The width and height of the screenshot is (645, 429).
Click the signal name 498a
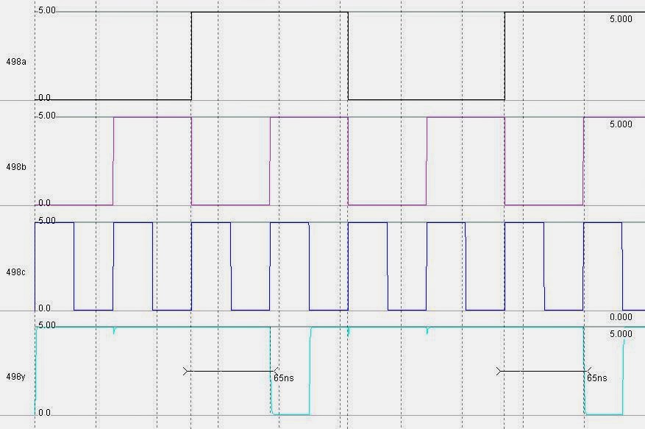coord(16,62)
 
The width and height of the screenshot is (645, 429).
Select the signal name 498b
coord(16,167)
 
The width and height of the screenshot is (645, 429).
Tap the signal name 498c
coord(16,272)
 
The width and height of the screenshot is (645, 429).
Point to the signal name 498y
coord(16,377)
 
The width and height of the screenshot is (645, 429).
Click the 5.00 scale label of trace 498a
coord(46,11)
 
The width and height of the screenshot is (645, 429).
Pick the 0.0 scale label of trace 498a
coord(44,97)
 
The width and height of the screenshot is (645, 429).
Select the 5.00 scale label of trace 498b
coord(46,116)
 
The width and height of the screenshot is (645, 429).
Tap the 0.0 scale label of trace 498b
coord(44,202)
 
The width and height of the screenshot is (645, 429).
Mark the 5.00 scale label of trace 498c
coord(46,221)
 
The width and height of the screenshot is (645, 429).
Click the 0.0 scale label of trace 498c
coord(44,308)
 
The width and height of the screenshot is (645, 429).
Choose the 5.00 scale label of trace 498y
coord(46,325)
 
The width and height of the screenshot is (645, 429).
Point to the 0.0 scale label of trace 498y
coord(44,413)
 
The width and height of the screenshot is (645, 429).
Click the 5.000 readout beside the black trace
coord(621,19)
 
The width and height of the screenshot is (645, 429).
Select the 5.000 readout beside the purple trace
coord(621,124)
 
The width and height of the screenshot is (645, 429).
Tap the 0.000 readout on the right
coord(621,317)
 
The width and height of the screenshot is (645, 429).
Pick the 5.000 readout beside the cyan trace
coord(621,333)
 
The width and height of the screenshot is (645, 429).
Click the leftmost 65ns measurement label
coord(284,377)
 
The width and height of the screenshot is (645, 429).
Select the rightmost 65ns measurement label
coord(597,377)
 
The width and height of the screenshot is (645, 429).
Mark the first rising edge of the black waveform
coord(191,56)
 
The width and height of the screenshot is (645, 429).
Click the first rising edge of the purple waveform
coord(113,160)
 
